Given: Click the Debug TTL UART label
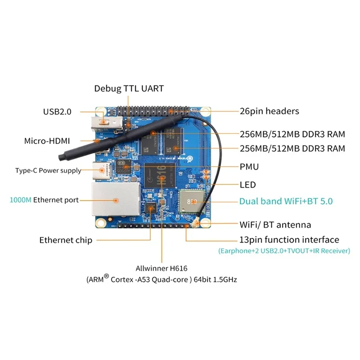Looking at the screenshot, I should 129,88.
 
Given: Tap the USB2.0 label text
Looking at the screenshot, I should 57,112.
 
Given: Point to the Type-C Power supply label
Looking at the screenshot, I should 48,171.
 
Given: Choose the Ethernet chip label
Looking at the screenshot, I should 66,240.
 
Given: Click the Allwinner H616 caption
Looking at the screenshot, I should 162,269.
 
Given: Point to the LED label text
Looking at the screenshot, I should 247,184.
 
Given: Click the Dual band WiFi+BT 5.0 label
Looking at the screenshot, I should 286,201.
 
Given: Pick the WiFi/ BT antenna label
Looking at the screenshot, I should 275,224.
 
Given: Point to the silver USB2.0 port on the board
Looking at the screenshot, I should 106,121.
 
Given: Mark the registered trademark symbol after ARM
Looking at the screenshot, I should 107,277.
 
